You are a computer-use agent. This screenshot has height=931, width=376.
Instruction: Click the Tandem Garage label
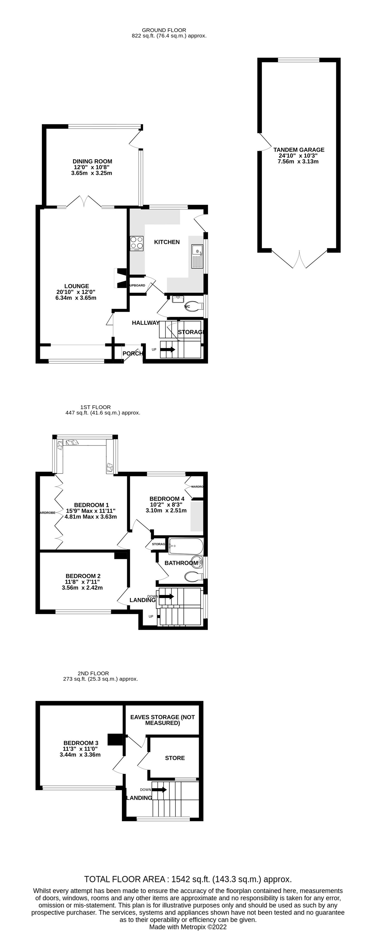(298, 150)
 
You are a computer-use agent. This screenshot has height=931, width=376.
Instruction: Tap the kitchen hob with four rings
(136, 243)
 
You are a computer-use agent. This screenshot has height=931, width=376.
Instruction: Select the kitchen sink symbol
(197, 256)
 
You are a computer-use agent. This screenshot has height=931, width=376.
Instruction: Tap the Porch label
(132, 353)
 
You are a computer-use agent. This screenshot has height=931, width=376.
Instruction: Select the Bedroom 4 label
(167, 499)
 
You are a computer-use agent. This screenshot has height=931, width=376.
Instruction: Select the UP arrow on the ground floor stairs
(168, 350)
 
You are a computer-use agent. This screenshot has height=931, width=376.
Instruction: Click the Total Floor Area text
(187, 879)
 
